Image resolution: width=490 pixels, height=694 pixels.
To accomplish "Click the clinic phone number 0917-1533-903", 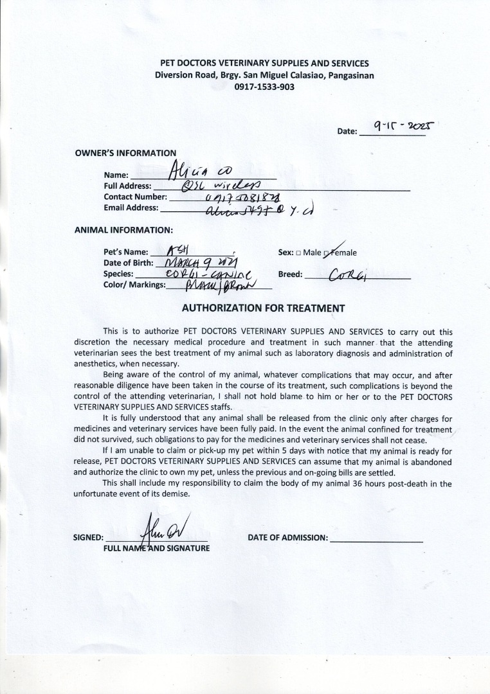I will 264,86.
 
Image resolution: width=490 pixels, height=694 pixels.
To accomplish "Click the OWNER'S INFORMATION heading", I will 125,153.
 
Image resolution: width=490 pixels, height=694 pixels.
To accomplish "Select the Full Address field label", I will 127,186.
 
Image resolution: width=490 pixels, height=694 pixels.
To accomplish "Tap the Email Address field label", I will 131,208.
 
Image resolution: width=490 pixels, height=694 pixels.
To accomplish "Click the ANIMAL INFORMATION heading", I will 123,229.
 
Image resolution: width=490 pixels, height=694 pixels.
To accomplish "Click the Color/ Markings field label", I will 134,285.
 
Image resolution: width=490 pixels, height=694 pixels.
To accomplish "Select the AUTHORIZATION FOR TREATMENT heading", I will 264,308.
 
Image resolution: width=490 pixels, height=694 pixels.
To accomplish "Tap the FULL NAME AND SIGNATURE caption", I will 156,548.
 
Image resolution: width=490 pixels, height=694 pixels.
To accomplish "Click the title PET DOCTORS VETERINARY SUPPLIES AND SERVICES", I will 264,63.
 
